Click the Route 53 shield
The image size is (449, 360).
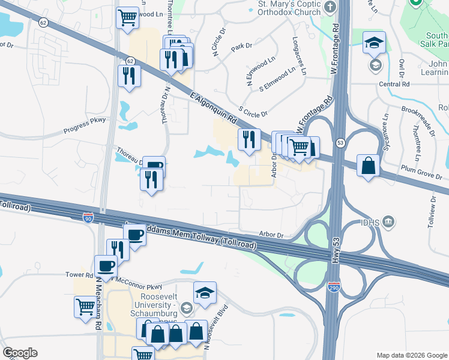(x=340, y=143)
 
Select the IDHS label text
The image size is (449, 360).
(x=368, y=223)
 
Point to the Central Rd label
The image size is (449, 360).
(x=394, y=84)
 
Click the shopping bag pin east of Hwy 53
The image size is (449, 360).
(x=367, y=165)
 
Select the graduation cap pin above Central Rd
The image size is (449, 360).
(x=374, y=42)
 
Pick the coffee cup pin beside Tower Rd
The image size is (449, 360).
(x=106, y=265)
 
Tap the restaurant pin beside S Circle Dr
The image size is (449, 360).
(x=249, y=139)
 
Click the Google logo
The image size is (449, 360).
(x=20, y=353)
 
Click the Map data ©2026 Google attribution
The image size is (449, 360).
(x=411, y=355)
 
